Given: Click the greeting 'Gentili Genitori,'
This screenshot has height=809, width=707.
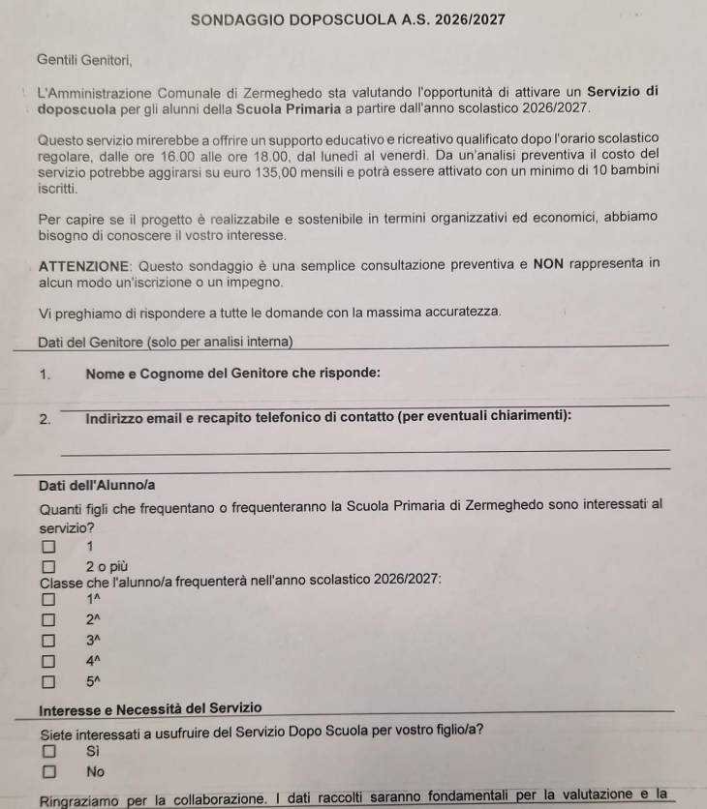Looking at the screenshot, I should [83, 60].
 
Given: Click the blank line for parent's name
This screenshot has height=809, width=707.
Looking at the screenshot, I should [363, 403].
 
